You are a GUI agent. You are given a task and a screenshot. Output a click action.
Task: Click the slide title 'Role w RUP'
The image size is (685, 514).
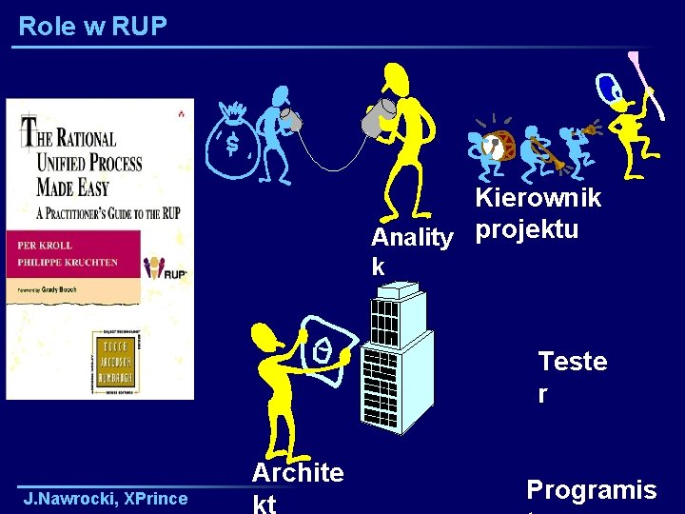click(x=92, y=26)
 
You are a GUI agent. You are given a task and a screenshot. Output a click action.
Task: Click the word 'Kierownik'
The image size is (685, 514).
click(x=538, y=198)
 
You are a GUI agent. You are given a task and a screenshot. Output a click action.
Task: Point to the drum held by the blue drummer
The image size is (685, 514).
click(x=491, y=148)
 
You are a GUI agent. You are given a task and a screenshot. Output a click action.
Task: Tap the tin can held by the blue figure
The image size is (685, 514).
click(x=291, y=120)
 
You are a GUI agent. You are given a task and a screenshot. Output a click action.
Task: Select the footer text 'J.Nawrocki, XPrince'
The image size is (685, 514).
click(x=106, y=498)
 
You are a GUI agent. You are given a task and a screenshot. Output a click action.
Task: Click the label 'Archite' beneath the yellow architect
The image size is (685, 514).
click(x=298, y=472)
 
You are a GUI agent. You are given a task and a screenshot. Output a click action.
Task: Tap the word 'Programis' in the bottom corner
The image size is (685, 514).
click(x=591, y=489)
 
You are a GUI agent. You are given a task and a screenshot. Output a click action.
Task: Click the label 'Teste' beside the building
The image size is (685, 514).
click(x=572, y=362)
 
